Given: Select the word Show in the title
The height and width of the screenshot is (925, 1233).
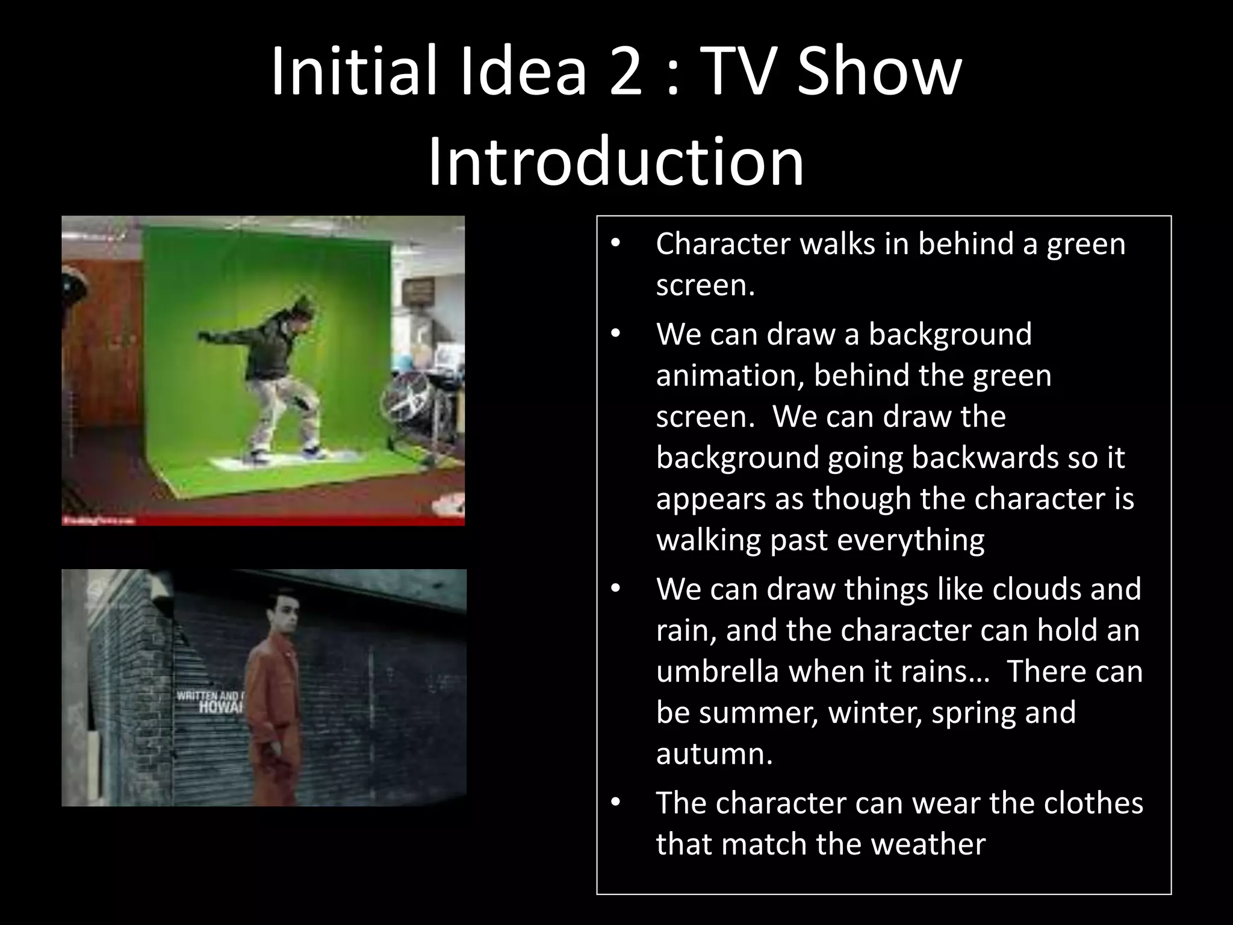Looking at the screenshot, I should point(880,72).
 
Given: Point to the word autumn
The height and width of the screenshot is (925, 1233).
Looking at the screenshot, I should point(714,754).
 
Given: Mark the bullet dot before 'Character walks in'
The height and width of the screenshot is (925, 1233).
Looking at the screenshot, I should point(614,244).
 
